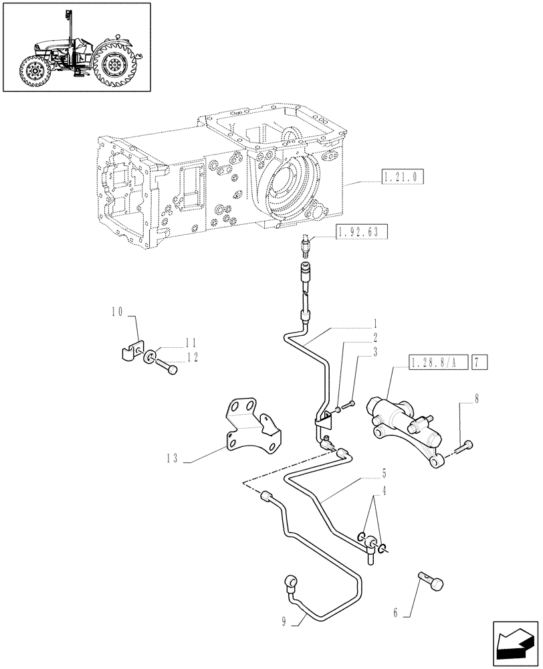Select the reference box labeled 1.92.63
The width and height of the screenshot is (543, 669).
[x=360, y=232]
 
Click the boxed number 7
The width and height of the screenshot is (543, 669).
[x=481, y=364]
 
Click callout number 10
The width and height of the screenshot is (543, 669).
[x=118, y=310]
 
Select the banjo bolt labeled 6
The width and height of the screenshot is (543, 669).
[x=433, y=579]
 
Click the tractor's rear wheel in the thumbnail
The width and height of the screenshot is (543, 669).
[x=114, y=64]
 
